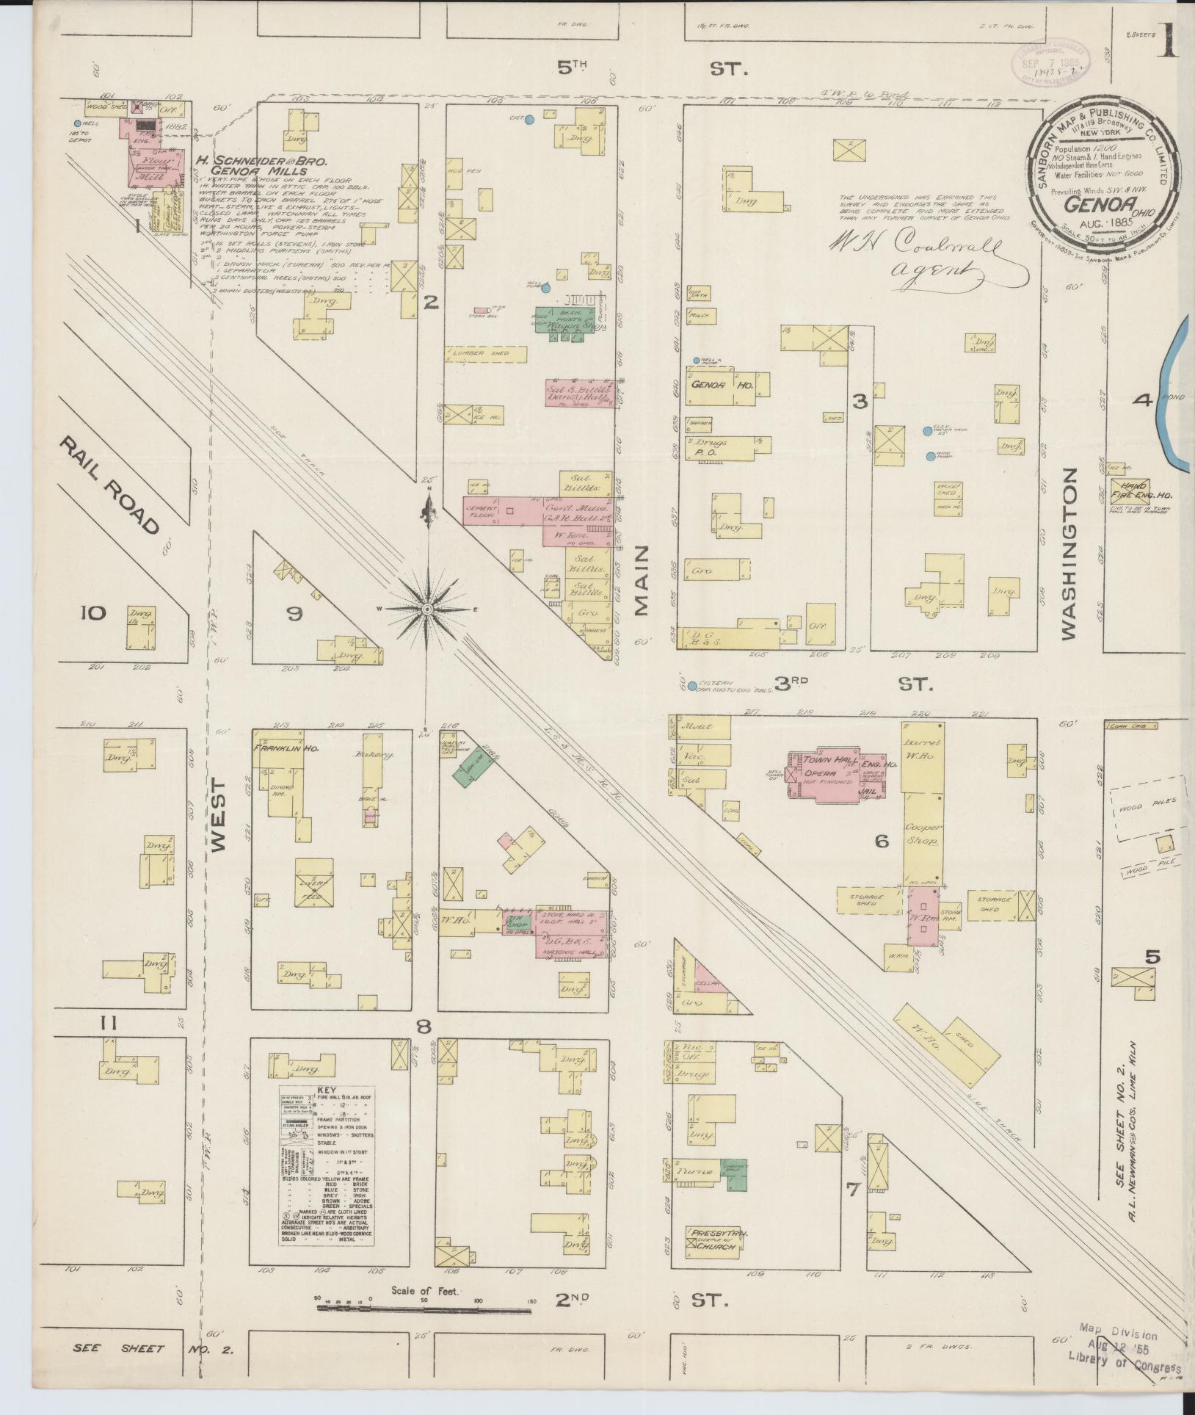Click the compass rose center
[x=426, y=608]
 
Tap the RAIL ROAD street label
[x=111, y=485]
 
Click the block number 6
[x=882, y=842]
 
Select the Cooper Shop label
[x=923, y=833]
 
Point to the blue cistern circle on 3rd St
[x=691, y=686]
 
